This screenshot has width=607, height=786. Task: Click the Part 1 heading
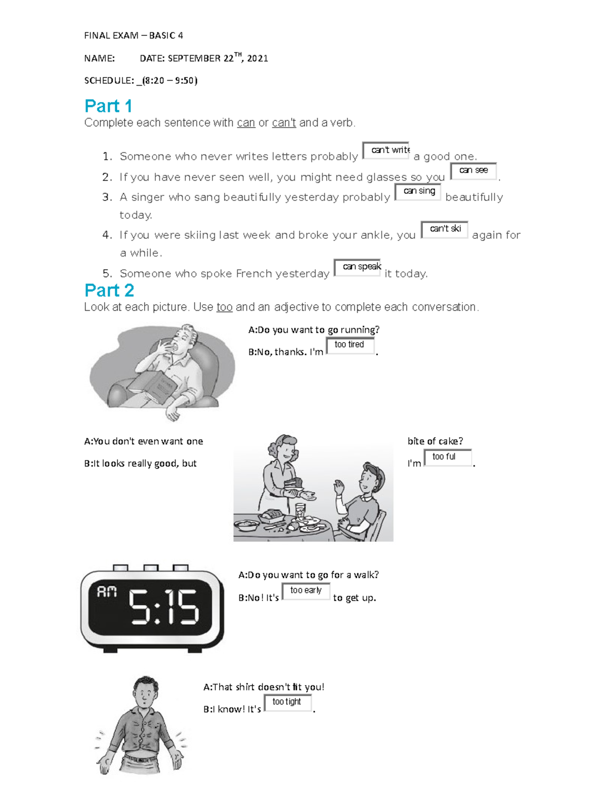pos(108,106)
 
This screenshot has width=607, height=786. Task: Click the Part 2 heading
pos(109,291)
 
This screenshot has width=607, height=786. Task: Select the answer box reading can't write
pos(386,150)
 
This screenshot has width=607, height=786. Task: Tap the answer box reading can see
pos(473,171)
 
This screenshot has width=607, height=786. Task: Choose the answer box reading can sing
pos(418,191)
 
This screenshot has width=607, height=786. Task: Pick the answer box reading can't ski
pos(445,229)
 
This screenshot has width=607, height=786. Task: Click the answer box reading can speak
pos(358,267)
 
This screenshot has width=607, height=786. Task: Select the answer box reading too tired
pos(350,345)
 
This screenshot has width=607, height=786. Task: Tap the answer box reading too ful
pos(447,457)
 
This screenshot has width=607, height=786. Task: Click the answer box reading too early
pos(306,591)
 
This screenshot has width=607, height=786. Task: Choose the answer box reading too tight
pos(287,702)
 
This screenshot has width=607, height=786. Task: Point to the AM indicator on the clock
pos(107,592)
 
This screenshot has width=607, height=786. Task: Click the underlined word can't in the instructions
pos(284,123)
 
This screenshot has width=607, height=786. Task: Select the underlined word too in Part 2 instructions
pos(224,307)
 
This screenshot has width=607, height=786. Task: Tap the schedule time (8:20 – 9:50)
pos(170,80)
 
